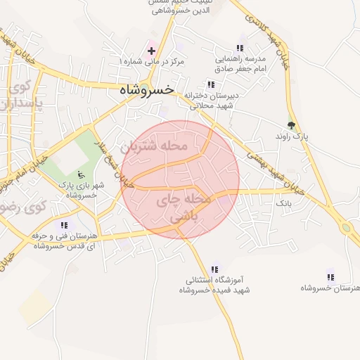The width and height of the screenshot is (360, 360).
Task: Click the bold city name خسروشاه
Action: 146,90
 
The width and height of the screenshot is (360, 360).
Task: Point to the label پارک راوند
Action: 290,136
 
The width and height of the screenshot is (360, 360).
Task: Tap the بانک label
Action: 283,202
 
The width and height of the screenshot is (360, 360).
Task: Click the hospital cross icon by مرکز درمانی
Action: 151,51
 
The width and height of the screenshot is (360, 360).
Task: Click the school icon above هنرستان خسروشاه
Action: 330,277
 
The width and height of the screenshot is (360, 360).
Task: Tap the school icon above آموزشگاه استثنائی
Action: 214,269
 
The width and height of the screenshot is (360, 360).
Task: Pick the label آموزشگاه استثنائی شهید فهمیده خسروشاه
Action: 214,285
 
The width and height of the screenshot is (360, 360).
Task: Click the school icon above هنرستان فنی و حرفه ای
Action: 64,225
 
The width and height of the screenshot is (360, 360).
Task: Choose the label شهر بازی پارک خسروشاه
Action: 79,190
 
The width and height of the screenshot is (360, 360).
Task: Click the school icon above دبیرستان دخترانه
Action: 211,84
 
